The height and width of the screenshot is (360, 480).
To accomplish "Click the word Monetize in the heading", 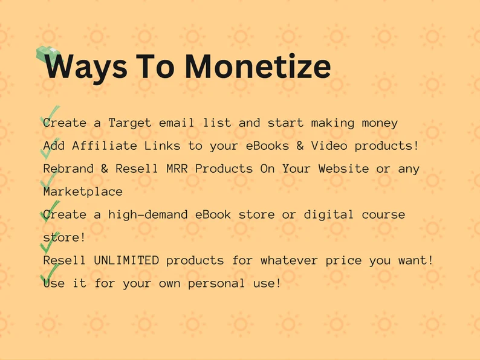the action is [x=258, y=66].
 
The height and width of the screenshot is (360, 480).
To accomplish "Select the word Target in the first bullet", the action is [x=130, y=123].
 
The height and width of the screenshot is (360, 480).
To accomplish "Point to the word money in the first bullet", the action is [x=380, y=123].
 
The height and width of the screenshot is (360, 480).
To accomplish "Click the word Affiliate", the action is [x=105, y=146].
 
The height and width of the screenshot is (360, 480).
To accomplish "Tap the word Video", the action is [x=329, y=146].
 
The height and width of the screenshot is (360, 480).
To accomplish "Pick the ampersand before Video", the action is [x=300, y=146].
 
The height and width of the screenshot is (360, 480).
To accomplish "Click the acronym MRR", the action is [x=177, y=169].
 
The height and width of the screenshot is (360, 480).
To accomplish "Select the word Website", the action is [x=343, y=169].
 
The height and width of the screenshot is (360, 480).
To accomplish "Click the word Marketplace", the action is [x=83, y=191].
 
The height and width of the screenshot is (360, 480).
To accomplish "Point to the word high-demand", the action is [x=148, y=214].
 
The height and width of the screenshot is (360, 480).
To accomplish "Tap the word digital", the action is [x=329, y=214].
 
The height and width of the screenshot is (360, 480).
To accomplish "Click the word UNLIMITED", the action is [x=126, y=260].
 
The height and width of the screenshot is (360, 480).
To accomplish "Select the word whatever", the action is [x=290, y=260].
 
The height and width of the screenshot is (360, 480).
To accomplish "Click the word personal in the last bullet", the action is [x=216, y=283].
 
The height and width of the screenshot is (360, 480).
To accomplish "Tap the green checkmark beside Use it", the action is [x=50, y=274].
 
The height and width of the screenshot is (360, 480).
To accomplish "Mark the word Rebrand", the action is [x=68, y=169].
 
